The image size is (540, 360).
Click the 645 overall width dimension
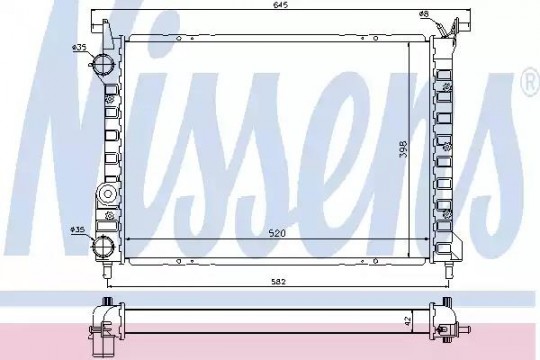coord(281,5)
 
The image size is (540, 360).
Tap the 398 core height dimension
coord(403,149)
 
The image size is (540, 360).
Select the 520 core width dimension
coord(277,233)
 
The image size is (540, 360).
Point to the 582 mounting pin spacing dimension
coord(278,282)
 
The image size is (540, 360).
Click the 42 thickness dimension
coord(408,321)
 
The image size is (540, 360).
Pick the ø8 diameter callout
coord(424,14)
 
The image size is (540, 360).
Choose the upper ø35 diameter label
coord(79,47)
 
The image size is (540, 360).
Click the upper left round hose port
coord(103,64)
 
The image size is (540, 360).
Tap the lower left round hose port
coord(103,246)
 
